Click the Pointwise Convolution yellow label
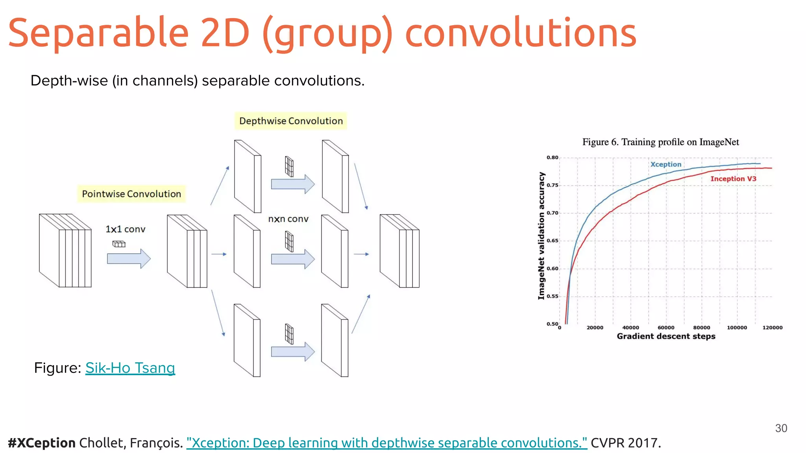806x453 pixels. [x=131, y=194]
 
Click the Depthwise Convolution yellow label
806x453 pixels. [x=291, y=121]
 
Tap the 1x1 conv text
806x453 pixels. [x=125, y=229]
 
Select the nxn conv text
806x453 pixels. [x=288, y=219]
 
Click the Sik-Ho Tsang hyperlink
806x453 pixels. [x=130, y=368]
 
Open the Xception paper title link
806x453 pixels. [x=386, y=443]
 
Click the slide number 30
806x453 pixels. [x=781, y=428]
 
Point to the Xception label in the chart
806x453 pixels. [x=666, y=164]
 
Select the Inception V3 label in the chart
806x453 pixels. [x=733, y=179]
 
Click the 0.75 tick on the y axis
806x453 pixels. [x=552, y=185]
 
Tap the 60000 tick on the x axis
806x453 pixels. [x=666, y=328]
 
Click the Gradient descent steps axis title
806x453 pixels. [x=666, y=336]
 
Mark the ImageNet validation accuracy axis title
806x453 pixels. [x=542, y=236]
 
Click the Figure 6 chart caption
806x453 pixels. [x=660, y=142]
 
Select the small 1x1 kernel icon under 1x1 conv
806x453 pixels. [x=119, y=244]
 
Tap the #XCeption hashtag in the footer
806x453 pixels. [x=41, y=443]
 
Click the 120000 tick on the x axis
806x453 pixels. [x=772, y=328]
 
